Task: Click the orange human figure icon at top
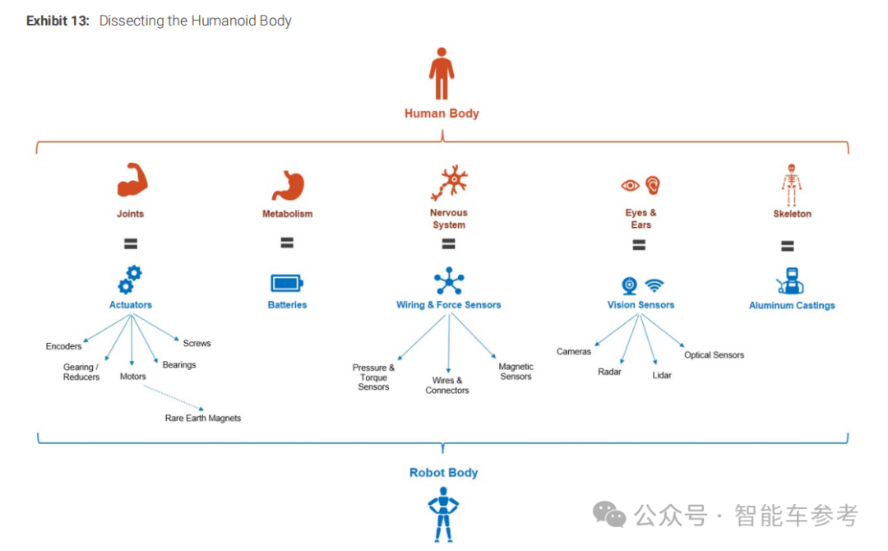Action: (x=442, y=74)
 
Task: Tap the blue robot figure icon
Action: (x=443, y=513)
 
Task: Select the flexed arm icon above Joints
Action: (x=131, y=182)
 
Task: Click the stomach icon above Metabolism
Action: (x=288, y=185)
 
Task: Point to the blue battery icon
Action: (x=287, y=283)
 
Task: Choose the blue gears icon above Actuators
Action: (x=130, y=280)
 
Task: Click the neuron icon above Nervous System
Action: (x=449, y=183)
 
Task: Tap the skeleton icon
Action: (x=792, y=184)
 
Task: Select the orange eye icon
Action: (x=630, y=186)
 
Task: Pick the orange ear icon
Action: (x=653, y=184)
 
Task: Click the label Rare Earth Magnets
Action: (x=203, y=418)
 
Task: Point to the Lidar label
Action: (x=662, y=375)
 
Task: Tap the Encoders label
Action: (x=64, y=346)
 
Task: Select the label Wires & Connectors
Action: (x=447, y=385)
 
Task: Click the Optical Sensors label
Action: (x=714, y=354)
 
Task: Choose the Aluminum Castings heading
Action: (x=792, y=305)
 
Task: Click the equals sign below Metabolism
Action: (x=287, y=243)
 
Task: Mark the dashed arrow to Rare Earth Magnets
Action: (x=173, y=396)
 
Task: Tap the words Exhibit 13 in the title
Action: (x=58, y=21)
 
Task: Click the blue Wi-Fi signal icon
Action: (x=654, y=285)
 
